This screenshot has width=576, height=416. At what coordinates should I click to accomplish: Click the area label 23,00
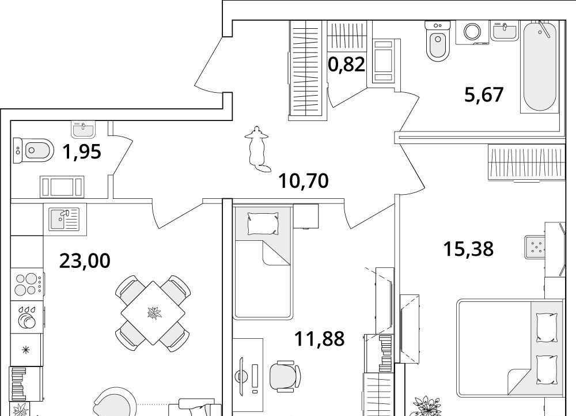point(85,261)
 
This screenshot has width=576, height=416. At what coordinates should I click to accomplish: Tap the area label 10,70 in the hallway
point(304,181)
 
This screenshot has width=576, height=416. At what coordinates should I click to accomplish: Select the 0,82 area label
point(346,65)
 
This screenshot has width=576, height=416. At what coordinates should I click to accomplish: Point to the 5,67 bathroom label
point(484,95)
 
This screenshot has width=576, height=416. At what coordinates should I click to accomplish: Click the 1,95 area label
point(82,152)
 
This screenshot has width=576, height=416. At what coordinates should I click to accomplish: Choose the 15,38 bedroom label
point(468,249)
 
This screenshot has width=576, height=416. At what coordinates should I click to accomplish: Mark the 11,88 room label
point(320,339)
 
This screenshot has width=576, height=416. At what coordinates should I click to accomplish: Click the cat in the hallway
point(257,149)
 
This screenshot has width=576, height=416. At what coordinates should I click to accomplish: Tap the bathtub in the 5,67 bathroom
point(539,66)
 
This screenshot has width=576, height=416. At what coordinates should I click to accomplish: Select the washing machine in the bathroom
point(472,32)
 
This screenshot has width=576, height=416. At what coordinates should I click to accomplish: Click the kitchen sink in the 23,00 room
point(65,219)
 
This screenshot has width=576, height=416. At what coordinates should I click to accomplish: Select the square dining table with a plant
point(153,313)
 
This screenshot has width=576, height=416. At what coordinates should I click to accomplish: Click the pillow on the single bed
point(263,224)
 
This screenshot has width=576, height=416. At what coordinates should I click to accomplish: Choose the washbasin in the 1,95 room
point(84,129)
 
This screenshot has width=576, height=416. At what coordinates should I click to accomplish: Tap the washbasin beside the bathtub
point(505,30)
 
